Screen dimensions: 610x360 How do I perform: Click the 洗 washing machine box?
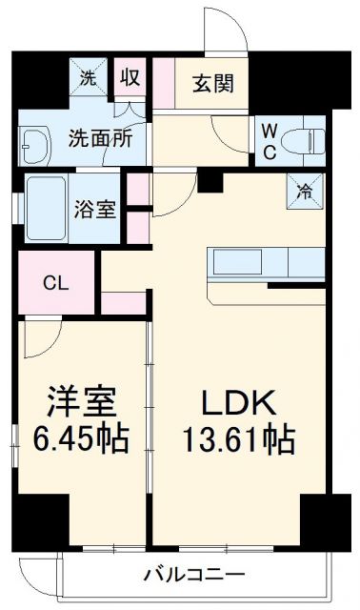coord(88,79)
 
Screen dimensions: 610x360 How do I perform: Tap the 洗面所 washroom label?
coord(98,136)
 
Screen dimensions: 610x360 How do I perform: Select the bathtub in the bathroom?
coord(46,200)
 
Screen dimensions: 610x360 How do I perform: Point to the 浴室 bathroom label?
coord(95,209)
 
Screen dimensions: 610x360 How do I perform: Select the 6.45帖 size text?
coord(82,440)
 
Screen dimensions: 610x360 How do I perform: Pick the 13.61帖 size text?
coord(238,440)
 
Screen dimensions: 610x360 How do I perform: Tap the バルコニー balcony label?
coord(194,575)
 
